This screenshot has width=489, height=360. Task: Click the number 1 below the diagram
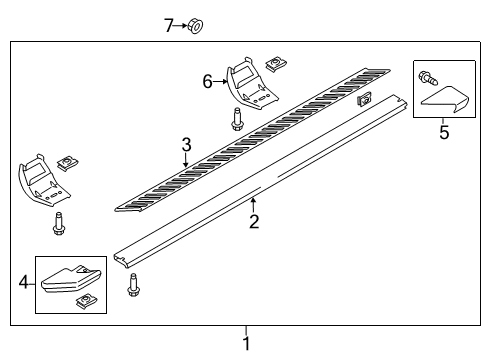point(247,343)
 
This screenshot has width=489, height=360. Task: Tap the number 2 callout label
point(253,220)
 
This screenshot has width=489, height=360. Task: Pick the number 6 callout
point(208,82)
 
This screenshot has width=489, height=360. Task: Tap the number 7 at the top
point(168,25)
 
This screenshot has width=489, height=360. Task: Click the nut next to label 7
point(195,25)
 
